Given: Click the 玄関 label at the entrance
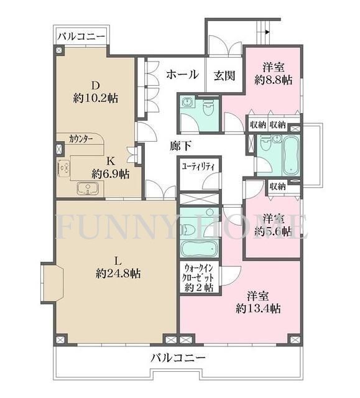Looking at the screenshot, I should [224, 75].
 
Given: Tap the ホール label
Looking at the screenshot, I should [182, 75].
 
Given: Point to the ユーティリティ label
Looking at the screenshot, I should [198, 166].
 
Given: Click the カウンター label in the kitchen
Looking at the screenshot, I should [81, 139].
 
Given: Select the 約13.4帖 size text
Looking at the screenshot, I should [257, 308].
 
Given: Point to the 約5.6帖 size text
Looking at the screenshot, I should [273, 231].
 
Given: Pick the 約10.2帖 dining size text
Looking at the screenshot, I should [96, 98].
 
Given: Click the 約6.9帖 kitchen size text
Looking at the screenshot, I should [111, 174].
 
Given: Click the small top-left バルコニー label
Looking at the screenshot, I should [81, 36].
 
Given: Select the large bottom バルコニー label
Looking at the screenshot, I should [177, 358].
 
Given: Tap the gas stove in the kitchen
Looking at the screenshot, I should [63, 167].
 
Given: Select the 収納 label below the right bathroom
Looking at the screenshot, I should [277, 186].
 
